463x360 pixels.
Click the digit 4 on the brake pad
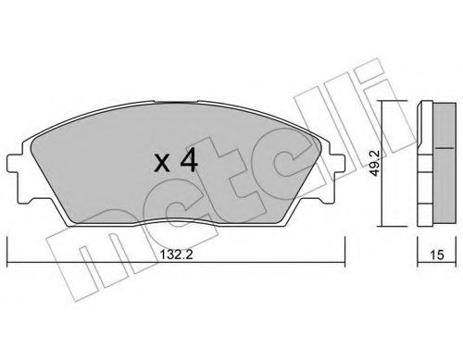coord(187,164)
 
